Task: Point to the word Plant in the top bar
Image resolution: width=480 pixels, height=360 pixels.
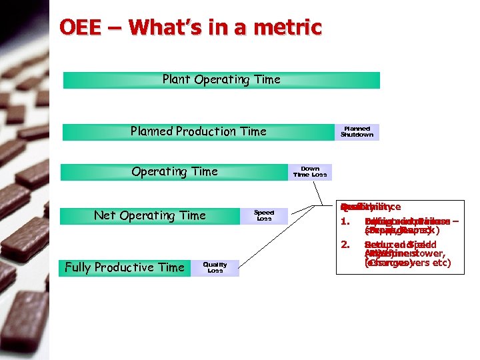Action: click(x=177, y=79)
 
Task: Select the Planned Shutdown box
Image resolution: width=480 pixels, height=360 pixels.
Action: click(x=357, y=131)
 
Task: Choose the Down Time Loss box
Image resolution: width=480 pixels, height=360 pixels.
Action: click(x=310, y=172)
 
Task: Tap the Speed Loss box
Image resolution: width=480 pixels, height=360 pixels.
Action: click(x=265, y=215)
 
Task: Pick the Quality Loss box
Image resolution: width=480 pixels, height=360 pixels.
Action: click(x=215, y=267)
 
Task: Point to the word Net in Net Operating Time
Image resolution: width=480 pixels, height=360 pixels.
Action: click(x=105, y=215)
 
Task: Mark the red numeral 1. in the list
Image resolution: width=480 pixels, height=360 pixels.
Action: click(x=345, y=222)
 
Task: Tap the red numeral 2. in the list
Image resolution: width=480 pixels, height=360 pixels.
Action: click(x=345, y=245)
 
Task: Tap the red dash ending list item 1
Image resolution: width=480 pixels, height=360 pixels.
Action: click(x=454, y=222)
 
